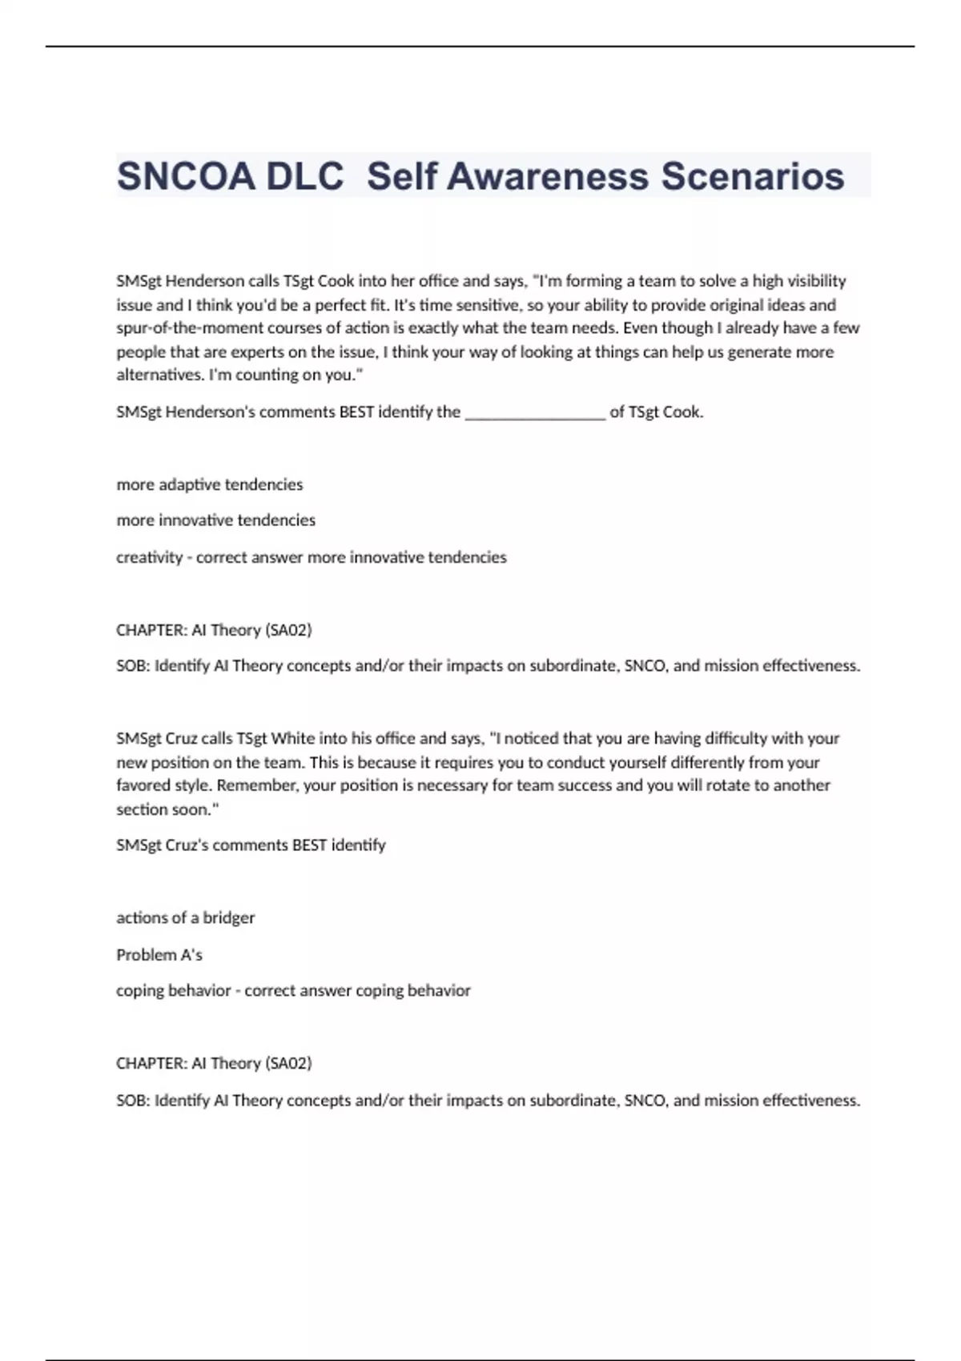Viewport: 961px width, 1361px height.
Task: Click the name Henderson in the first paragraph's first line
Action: (x=204, y=281)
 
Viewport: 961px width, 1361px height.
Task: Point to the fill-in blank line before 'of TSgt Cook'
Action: (x=535, y=413)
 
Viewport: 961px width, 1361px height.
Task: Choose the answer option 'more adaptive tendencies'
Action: (x=210, y=484)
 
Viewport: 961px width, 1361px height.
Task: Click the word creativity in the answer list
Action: (x=149, y=557)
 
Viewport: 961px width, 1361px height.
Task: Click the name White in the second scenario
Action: (x=292, y=738)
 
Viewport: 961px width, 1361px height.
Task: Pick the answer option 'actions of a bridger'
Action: (x=186, y=917)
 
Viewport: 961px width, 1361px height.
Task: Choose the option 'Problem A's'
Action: (x=159, y=954)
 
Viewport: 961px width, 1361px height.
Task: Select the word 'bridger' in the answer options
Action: (x=229, y=917)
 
